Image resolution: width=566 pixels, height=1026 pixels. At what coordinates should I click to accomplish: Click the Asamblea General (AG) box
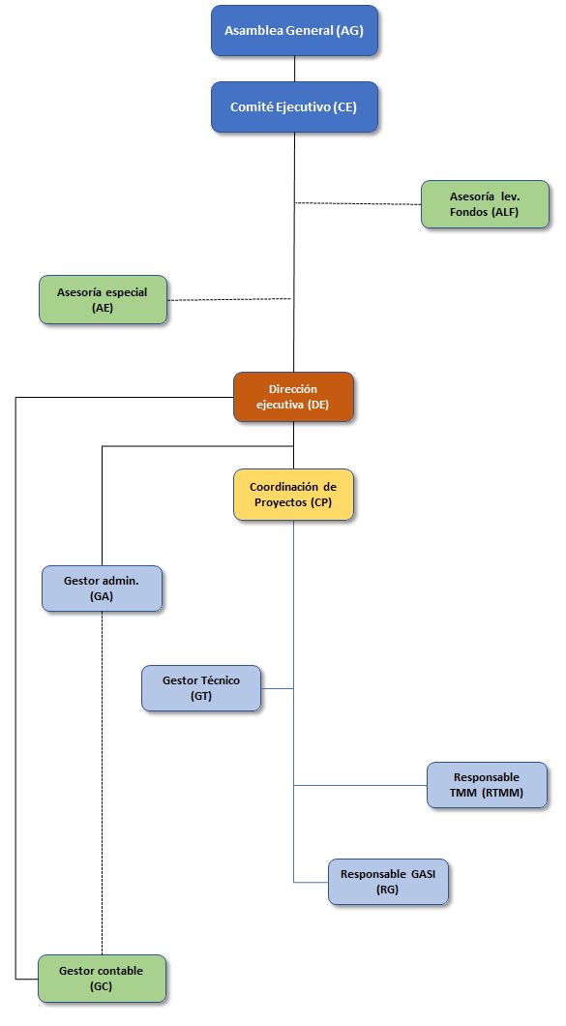click(294, 31)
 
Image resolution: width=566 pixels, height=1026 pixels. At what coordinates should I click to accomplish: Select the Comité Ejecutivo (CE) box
click(294, 107)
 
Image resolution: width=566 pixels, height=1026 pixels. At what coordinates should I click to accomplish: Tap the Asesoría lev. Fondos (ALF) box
click(485, 204)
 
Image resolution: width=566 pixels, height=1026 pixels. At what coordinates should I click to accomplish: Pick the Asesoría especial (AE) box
click(103, 300)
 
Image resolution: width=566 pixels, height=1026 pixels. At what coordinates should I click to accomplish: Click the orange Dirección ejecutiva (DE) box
click(293, 397)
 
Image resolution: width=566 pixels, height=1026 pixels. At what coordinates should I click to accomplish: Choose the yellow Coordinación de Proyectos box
click(293, 495)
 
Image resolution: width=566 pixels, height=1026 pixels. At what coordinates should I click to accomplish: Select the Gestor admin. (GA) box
click(103, 588)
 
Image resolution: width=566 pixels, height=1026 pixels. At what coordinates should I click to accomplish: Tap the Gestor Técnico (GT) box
click(201, 688)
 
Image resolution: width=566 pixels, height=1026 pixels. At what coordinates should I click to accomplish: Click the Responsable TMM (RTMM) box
click(487, 785)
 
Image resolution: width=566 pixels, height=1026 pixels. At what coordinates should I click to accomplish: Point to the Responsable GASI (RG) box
click(388, 882)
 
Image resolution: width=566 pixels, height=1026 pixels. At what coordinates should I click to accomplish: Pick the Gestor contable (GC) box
click(102, 979)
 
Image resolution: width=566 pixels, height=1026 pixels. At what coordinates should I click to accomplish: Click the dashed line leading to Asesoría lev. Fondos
click(358, 203)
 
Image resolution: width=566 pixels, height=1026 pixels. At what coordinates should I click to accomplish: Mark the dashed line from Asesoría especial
click(229, 300)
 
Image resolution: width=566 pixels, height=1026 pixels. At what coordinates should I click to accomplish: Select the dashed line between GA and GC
click(103, 783)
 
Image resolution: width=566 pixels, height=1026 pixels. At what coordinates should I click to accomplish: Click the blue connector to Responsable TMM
click(361, 785)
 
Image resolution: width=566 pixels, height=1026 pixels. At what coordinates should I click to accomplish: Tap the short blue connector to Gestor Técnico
click(278, 688)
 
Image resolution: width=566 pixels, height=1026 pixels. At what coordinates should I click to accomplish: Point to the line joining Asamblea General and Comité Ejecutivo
click(294, 69)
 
